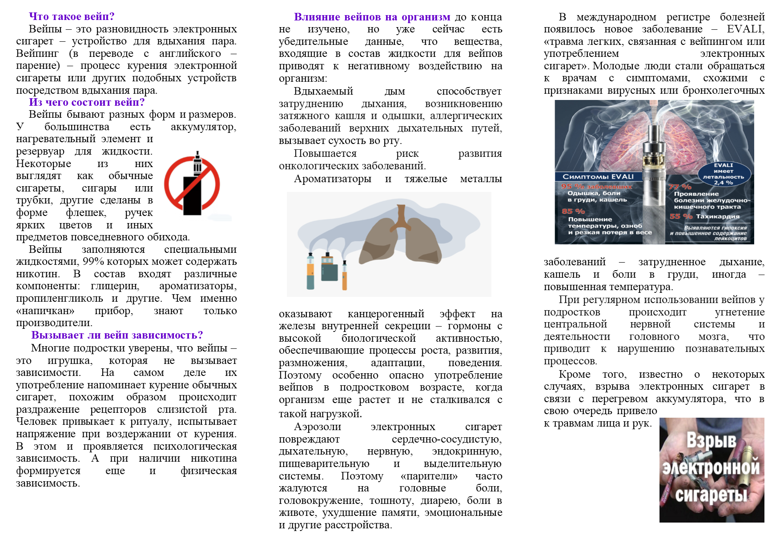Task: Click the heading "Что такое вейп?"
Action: tap(72, 16)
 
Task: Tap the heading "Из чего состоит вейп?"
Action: tap(87, 102)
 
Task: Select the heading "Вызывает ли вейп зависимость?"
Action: tap(117, 335)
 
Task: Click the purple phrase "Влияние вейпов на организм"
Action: tap(372, 17)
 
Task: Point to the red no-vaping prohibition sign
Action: tap(192, 184)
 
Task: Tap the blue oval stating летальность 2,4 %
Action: tap(724, 174)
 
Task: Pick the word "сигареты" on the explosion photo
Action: tap(711, 495)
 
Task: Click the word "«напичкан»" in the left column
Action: tap(45, 311)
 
